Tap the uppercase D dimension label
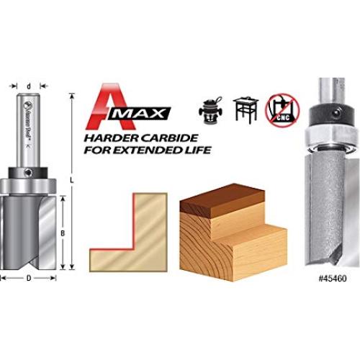click(27, 277)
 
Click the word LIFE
click(198, 151)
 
